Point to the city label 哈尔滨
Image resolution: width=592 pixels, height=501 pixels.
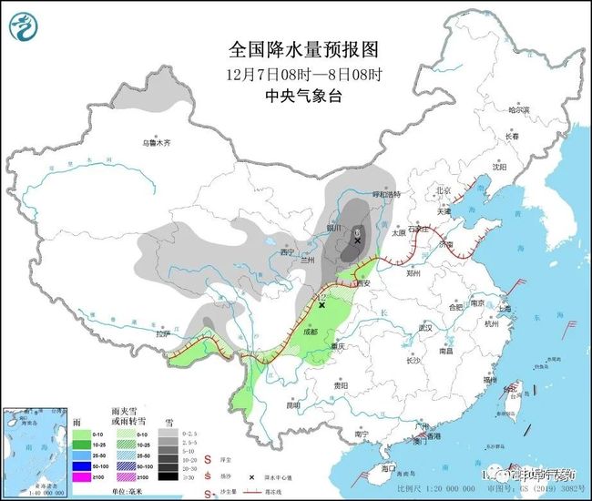[518, 109]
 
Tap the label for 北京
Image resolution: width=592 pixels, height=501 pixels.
[444, 191]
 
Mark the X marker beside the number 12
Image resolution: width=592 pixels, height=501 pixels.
[322, 305]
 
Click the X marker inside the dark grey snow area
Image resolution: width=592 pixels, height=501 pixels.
[358, 240]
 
